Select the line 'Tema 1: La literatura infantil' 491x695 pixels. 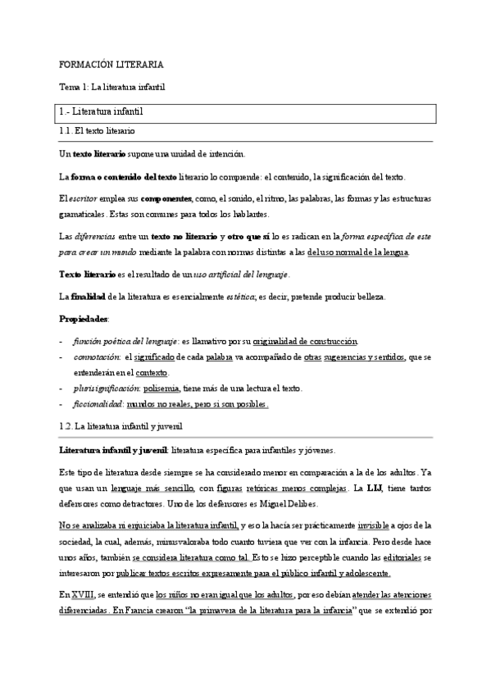(112, 86)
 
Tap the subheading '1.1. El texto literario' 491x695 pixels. (98, 131)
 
